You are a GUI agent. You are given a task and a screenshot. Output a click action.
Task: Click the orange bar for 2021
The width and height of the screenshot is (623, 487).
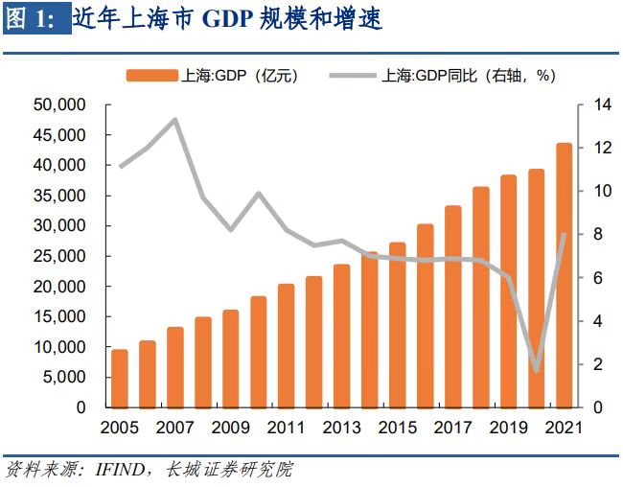tap(564, 276)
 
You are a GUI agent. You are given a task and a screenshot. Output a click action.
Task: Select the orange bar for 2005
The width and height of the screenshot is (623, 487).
tap(120, 379)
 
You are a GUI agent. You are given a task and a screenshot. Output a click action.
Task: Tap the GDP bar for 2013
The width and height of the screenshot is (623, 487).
tap(341, 336)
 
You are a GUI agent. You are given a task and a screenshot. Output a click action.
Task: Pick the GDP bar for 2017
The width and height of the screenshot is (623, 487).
tap(452, 307)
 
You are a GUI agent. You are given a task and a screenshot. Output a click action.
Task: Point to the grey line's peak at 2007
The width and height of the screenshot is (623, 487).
tap(175, 120)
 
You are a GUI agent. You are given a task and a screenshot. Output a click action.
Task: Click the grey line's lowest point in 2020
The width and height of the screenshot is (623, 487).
tap(536, 370)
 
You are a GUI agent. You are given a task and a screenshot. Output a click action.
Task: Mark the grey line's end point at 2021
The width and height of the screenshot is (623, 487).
tap(564, 234)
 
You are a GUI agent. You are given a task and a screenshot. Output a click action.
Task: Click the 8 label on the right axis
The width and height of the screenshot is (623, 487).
tap(590, 234)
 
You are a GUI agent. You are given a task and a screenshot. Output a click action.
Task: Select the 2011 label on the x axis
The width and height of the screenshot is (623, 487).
tap(286, 426)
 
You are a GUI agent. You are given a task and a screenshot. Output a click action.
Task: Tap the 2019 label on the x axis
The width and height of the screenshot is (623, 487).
tap(508, 426)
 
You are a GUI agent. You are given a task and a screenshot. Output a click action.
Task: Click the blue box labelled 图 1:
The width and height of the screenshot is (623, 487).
tap(36, 20)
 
